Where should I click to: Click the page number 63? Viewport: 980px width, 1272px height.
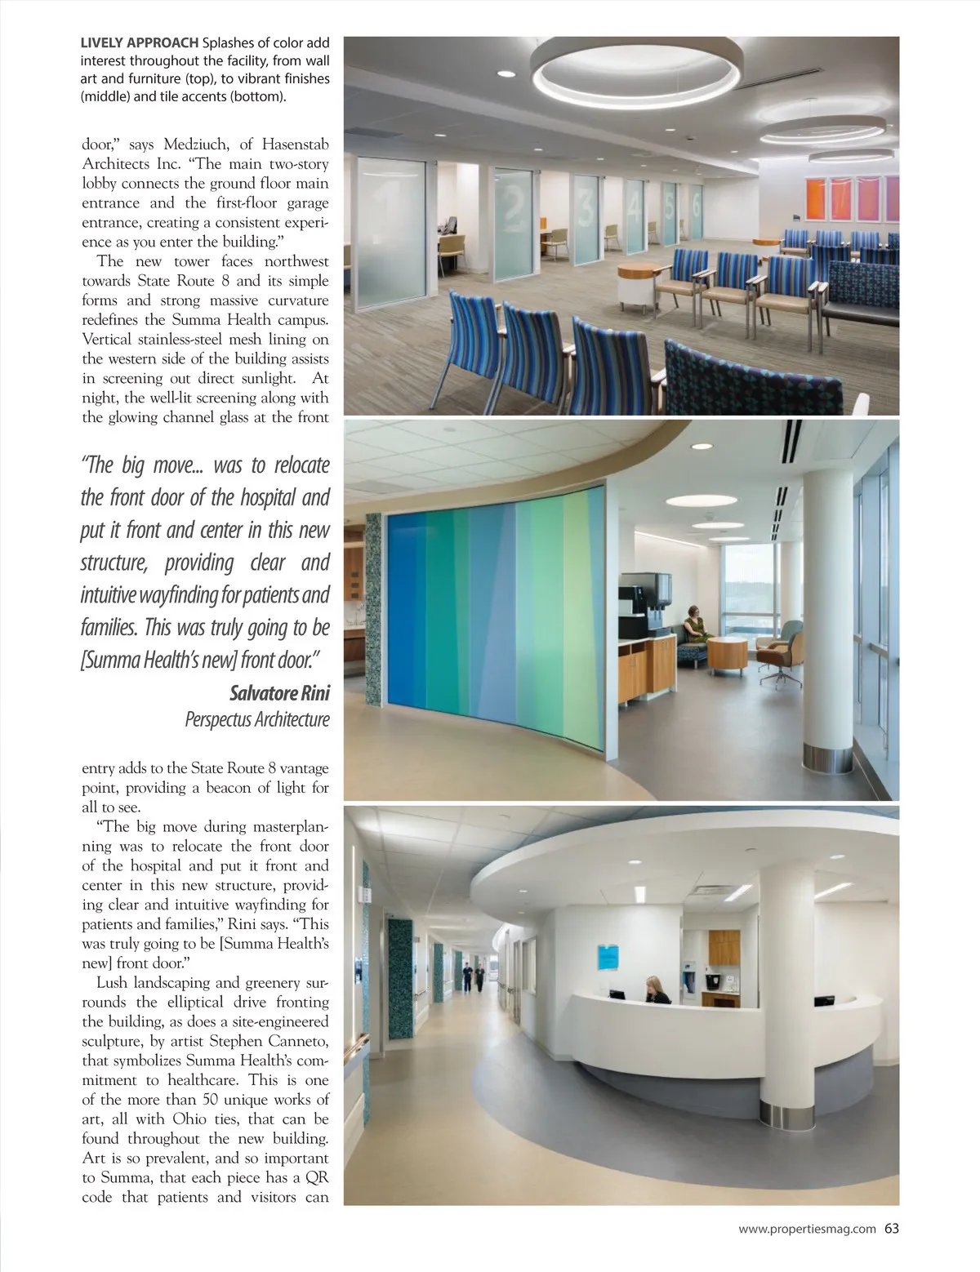891,1228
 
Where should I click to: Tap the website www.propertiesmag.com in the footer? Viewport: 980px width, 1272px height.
807,1228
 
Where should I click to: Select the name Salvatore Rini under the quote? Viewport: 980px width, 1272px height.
280,694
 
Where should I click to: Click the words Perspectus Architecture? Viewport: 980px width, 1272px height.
257,719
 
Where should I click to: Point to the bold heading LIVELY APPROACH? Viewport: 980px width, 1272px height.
139,43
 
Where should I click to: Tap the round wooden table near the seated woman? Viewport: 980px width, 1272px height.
726,654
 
